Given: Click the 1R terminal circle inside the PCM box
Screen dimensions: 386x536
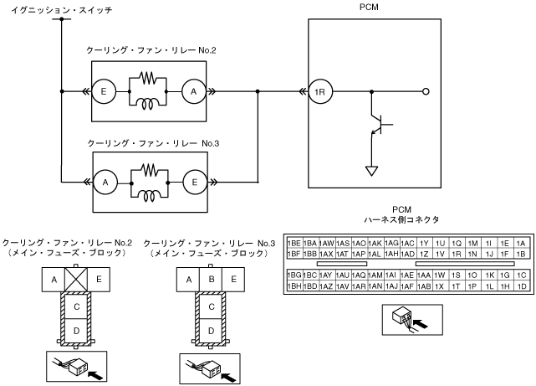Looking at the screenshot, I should coord(319,91).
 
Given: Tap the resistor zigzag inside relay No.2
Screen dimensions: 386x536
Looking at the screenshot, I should coord(148,80).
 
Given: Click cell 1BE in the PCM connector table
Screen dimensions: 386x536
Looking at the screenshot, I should coord(294,242).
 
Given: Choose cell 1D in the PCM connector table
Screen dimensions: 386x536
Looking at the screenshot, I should coord(521,286).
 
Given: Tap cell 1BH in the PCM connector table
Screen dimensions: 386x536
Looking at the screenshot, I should coord(294,286).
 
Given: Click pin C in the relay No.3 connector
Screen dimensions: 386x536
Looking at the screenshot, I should coord(212,306).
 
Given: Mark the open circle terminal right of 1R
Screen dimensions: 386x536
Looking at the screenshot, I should coord(427,91).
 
